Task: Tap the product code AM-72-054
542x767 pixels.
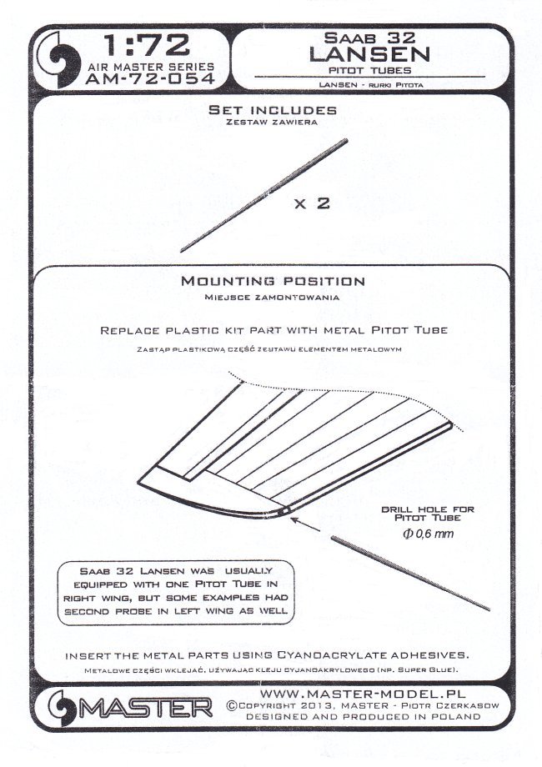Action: coord(149,79)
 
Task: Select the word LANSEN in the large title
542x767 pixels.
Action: coord(369,55)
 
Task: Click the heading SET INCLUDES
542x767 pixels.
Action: coord(261,110)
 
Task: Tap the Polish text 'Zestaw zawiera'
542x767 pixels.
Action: coord(261,123)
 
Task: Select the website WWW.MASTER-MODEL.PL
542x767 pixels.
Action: coord(364,694)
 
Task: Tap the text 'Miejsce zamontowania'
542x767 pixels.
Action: coord(273,296)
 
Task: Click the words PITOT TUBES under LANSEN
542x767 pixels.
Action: coord(369,72)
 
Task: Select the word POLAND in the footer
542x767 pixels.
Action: coord(449,719)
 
